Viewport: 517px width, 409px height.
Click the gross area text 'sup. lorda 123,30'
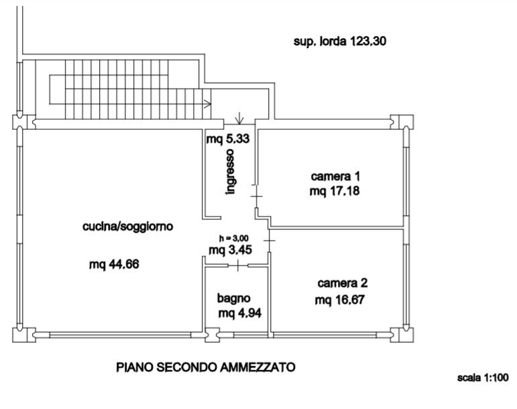(341, 42)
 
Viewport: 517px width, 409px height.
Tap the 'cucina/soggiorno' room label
(127, 227)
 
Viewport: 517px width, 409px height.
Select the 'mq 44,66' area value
(114, 264)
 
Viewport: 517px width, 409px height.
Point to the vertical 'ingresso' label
(231, 172)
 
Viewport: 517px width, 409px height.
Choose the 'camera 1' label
(335, 177)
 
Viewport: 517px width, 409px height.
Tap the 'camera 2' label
(342, 283)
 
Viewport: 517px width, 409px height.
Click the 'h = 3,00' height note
(233, 239)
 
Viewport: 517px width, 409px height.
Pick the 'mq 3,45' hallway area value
(230, 251)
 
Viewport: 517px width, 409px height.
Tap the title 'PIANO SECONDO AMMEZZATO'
(205, 367)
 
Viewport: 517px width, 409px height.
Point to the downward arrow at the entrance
(240, 118)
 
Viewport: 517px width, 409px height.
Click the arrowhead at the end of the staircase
(208, 103)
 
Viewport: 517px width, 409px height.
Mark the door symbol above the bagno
(238, 266)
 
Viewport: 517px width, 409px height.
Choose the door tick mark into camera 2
(270, 239)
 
